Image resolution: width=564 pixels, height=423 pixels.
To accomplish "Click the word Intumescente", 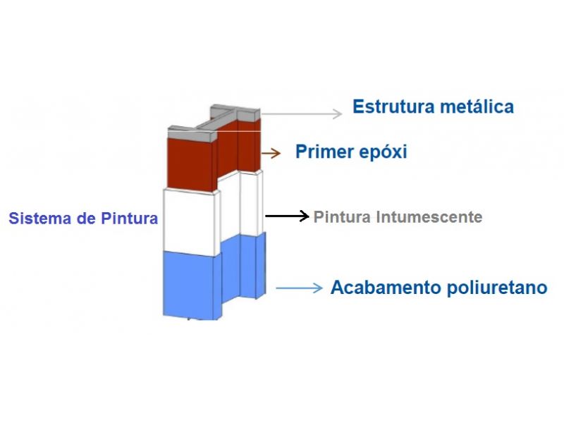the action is (429, 217).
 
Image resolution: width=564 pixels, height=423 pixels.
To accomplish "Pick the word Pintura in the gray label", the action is (342, 217).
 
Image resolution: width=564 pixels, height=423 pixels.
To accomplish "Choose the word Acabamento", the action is (385, 288).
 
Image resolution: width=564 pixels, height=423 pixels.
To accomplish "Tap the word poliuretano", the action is (497, 288).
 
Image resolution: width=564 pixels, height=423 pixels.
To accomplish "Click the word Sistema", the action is (39, 219).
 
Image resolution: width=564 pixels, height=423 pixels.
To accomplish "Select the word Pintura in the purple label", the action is (130, 219).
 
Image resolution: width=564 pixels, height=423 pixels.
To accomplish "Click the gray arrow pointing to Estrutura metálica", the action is (302, 114).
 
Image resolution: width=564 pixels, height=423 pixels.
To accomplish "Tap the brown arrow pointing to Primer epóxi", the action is (271, 153).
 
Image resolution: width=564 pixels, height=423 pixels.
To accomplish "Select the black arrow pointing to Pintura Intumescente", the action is (287, 216).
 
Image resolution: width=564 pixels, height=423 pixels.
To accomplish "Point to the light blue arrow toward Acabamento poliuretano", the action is (299, 288).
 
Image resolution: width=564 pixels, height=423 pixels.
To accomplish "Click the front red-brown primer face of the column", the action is (190, 164).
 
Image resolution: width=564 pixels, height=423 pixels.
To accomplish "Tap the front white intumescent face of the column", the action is (189, 222).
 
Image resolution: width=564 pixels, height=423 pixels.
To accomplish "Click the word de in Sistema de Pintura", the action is (85, 219).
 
